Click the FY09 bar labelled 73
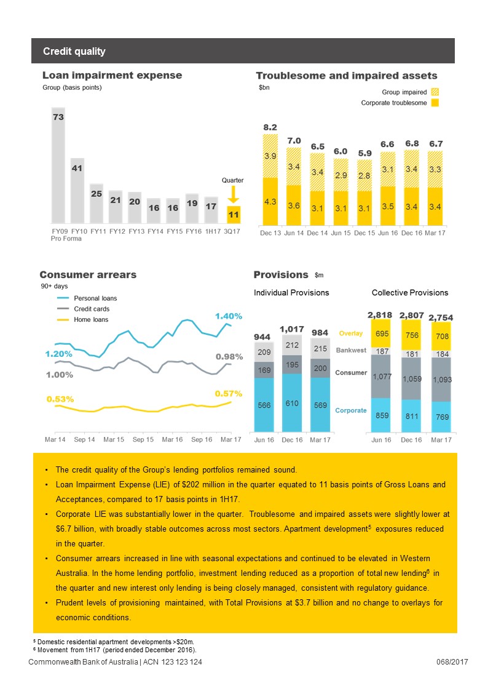coord(58,166)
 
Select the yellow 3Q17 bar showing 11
coord(234,215)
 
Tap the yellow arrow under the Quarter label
coord(233,194)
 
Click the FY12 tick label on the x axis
coord(117,231)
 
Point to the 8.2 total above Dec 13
coord(270,127)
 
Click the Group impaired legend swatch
coord(435,92)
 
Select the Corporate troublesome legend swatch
coord(435,103)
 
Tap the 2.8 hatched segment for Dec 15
coord(364,175)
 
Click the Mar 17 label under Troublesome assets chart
coord(435,233)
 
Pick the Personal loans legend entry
coord(87,298)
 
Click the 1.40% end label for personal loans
coord(229,316)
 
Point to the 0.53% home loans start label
coord(60,399)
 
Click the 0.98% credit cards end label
coord(229,356)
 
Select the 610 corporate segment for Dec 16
coord(292,403)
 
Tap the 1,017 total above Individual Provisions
coord(292,329)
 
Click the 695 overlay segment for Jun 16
coord(381,333)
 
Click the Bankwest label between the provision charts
coord(351,350)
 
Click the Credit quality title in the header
coord(74,51)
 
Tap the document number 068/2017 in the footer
coord(452,661)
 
